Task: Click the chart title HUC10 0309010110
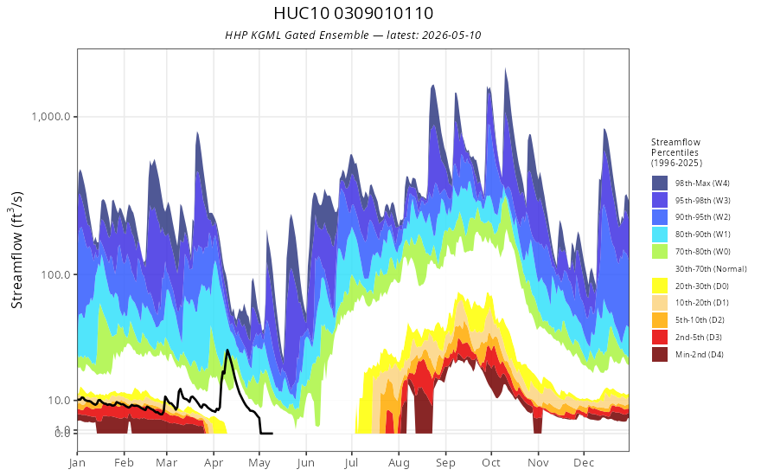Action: click(353, 13)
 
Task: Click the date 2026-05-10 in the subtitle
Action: click(451, 35)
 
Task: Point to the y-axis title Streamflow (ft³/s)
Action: click(16, 249)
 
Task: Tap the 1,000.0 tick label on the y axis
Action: click(51, 117)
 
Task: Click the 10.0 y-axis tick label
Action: click(60, 400)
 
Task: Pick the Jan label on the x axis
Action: click(77, 463)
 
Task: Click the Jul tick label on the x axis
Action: click(351, 463)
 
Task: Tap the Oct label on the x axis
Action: click(491, 463)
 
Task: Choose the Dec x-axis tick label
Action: click(584, 463)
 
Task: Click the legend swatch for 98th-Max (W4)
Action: click(660, 183)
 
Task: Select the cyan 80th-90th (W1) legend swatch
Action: click(660, 235)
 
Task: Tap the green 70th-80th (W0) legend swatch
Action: click(660, 252)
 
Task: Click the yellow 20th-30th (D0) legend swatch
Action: click(660, 286)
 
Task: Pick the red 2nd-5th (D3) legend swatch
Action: click(660, 337)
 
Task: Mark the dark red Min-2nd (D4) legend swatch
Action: click(660, 354)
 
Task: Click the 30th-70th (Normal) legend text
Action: click(711, 268)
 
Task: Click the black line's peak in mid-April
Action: click(227, 350)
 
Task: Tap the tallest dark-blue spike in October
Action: click(506, 69)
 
